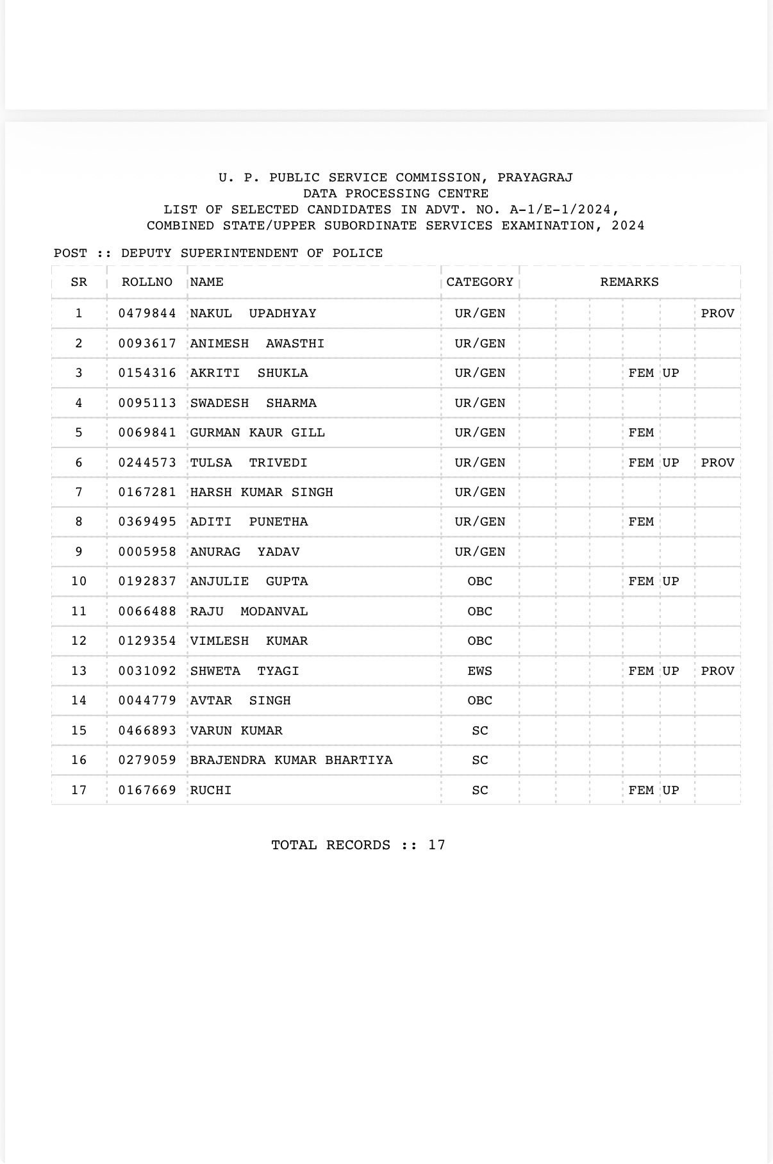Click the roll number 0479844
[147, 313]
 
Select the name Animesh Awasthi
[257, 344]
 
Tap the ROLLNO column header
[147, 282]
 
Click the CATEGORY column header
[479, 282]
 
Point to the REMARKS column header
[629, 282]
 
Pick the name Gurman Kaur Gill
[257, 433]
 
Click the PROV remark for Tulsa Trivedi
[717, 463]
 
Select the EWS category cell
[479, 671]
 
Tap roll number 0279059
[147, 760]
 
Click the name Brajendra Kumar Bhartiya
[291, 760]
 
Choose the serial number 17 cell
[79, 790]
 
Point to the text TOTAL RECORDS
[331, 845]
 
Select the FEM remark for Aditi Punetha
[641, 522]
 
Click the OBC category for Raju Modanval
[479, 611]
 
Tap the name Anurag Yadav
[244, 552]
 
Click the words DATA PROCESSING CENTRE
[395, 194]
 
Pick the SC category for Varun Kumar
[479, 731]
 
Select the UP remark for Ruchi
[670, 790]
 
